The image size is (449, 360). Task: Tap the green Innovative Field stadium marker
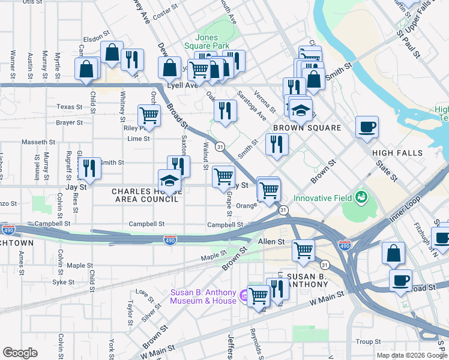click(x=361, y=196)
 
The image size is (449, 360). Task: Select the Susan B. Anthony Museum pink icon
click(x=244, y=295)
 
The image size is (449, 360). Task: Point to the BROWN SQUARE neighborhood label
click(x=307, y=128)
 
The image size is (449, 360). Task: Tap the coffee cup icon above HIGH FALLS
click(x=367, y=127)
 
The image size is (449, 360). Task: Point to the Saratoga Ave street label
click(x=252, y=105)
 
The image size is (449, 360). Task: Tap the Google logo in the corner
click(x=20, y=353)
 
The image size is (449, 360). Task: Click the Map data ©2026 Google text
click(x=411, y=355)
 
